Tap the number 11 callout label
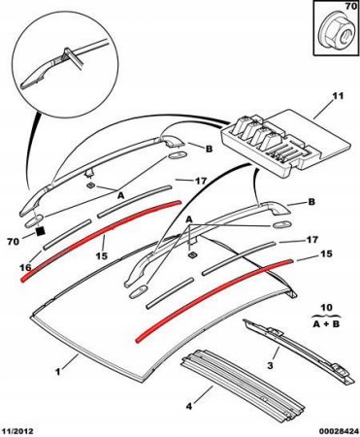point(338,96)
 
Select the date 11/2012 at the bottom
point(18,431)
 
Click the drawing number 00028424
point(340,431)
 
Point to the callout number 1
point(57,372)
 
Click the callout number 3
point(271,366)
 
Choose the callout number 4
point(189,406)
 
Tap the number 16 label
point(25,267)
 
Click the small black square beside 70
point(40,231)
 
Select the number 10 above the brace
point(327,307)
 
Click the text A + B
point(326,324)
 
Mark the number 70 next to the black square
point(13,241)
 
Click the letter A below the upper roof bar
point(120,195)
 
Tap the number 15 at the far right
point(326,253)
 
